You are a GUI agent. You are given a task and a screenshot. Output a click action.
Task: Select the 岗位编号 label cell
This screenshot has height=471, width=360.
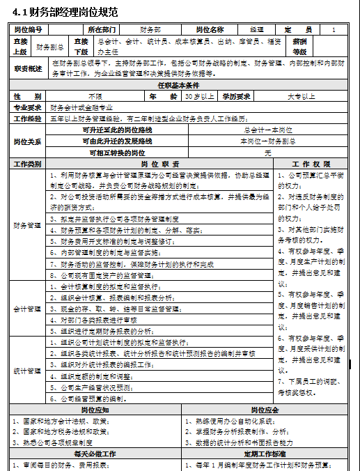point(28,30)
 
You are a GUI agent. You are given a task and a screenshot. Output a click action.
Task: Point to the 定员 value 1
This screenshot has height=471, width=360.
point(334,30)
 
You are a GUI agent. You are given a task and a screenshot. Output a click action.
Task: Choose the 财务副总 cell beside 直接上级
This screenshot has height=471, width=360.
point(49,47)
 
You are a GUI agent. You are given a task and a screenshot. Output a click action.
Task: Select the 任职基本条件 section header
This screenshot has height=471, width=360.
point(180,84)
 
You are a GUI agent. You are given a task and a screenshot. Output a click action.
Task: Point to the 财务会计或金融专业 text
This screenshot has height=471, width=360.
point(81,107)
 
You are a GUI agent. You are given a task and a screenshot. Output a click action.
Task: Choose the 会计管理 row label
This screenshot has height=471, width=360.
point(28,308)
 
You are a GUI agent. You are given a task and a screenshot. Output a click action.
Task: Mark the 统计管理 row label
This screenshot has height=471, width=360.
point(28,371)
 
